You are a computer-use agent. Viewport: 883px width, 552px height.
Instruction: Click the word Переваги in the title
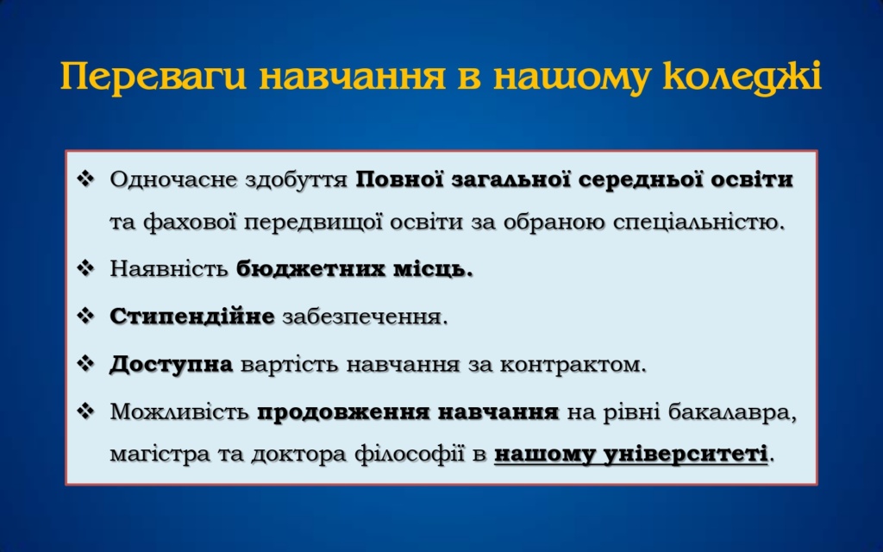coord(153,77)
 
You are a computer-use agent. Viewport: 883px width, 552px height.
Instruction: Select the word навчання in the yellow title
coord(353,77)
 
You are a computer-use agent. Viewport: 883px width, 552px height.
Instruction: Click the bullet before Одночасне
coord(85,179)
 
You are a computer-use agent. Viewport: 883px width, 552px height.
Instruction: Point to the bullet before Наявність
coord(85,268)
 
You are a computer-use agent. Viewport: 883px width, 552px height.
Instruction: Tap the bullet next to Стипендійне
coord(85,316)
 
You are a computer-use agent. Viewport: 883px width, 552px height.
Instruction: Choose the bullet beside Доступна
coord(85,364)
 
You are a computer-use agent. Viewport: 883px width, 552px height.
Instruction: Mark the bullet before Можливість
coord(85,411)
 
